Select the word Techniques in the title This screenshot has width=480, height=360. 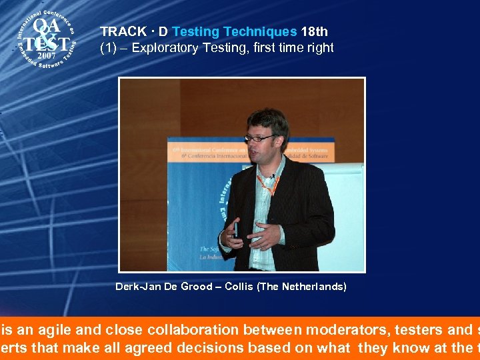(261, 31)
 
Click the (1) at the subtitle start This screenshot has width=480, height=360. (108, 48)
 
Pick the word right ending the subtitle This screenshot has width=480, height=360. (319, 48)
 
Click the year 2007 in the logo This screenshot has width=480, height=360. (46, 56)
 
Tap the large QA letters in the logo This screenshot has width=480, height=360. (47, 27)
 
